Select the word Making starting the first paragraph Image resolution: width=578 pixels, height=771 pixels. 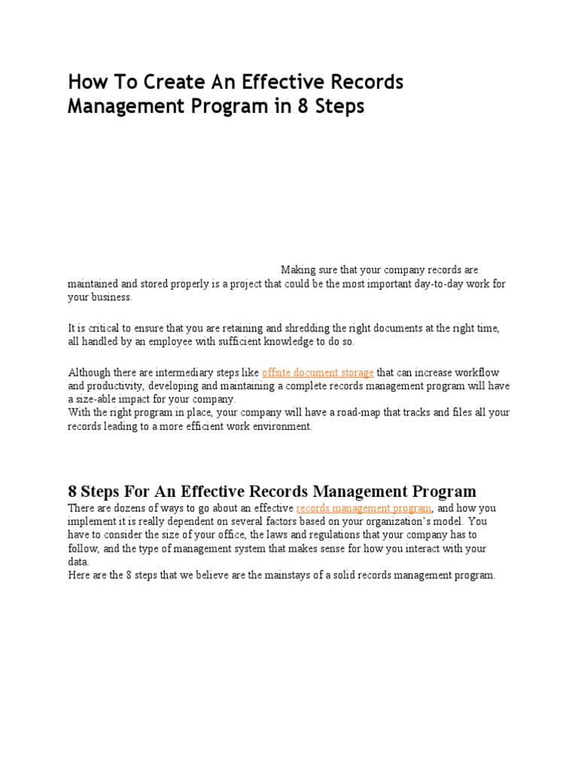[300, 270]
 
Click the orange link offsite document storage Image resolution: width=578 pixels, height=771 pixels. [317, 372]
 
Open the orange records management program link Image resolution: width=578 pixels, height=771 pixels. [364, 508]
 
